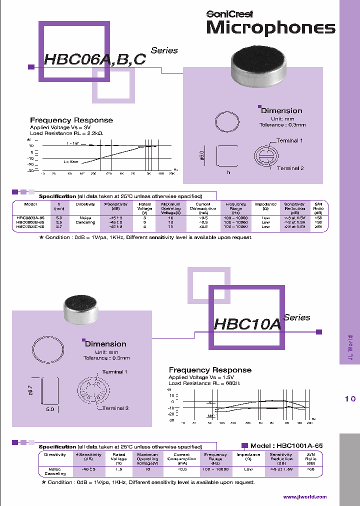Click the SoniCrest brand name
pyautogui.click(x=229, y=14)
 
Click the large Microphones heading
pyautogui.click(x=270, y=28)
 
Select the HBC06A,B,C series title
pyautogui.click(x=95, y=59)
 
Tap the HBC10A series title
pyautogui.click(x=247, y=324)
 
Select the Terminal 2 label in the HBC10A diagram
pyautogui.click(x=115, y=408)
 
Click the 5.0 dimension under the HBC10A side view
pyautogui.click(x=50, y=408)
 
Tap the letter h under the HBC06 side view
pyautogui.click(x=228, y=172)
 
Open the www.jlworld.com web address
pyautogui.click(x=304, y=496)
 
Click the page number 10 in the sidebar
pyautogui.click(x=350, y=398)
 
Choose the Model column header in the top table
pyautogui.click(x=30, y=204)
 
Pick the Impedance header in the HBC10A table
pyautogui.click(x=248, y=454)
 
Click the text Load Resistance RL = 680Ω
pyautogui.click(x=204, y=383)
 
